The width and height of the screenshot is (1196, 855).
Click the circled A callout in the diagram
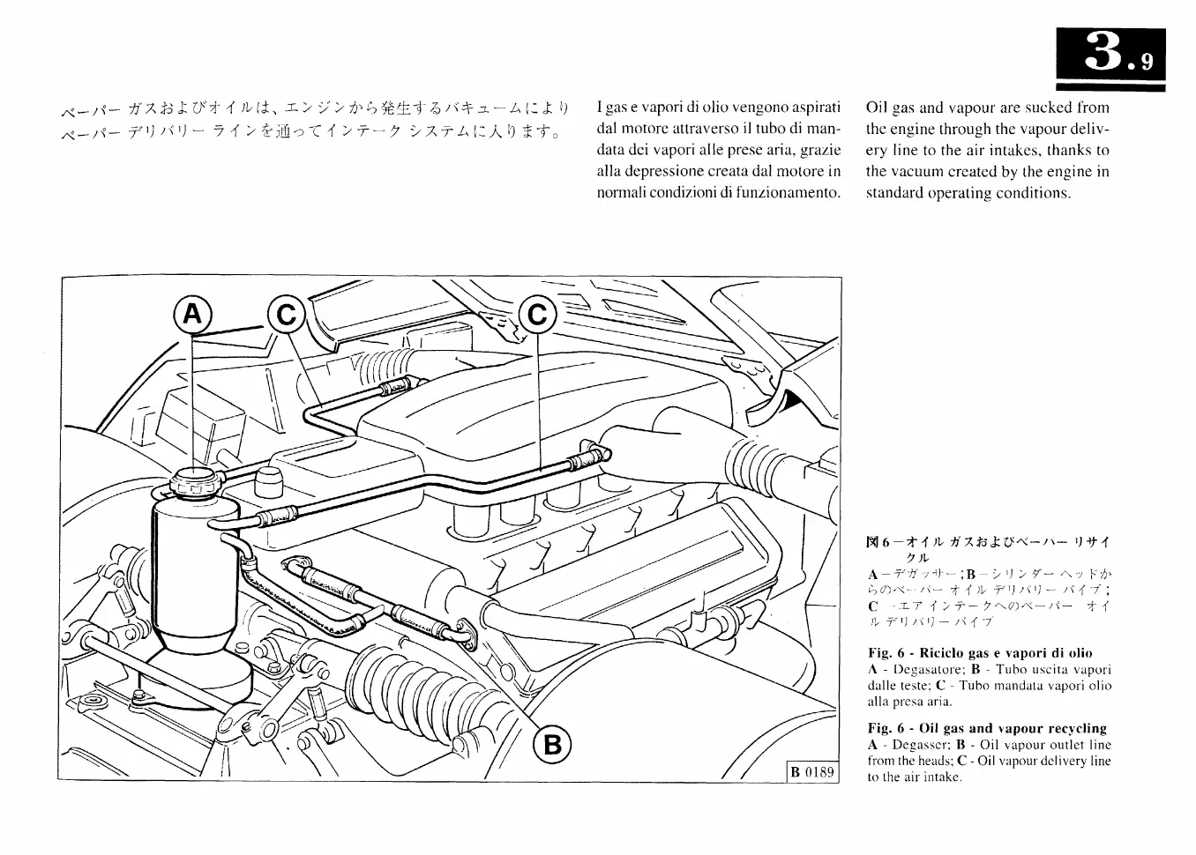[193, 315]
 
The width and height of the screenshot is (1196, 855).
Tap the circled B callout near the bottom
[552, 745]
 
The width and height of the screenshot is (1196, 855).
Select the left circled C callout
[286, 315]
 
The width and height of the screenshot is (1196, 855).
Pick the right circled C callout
[537, 315]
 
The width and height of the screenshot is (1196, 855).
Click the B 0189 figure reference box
[811, 773]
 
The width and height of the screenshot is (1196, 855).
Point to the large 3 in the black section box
[1102, 56]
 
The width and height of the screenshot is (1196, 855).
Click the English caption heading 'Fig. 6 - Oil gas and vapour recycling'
[986, 728]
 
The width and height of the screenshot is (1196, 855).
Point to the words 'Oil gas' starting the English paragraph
[890, 108]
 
